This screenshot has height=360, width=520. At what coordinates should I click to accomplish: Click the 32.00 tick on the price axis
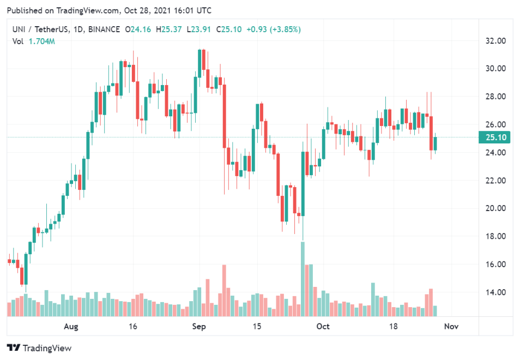click(497, 40)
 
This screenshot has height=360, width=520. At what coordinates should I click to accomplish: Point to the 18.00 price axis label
click(497, 236)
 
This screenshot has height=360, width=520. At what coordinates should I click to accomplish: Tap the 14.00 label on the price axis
click(497, 292)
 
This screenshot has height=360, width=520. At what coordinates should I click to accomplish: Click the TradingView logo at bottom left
click(39, 348)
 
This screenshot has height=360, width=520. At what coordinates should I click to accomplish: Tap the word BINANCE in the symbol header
click(102, 29)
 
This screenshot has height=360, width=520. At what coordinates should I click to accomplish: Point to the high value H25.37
click(170, 29)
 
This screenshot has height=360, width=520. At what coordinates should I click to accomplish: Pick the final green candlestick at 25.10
click(435, 143)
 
